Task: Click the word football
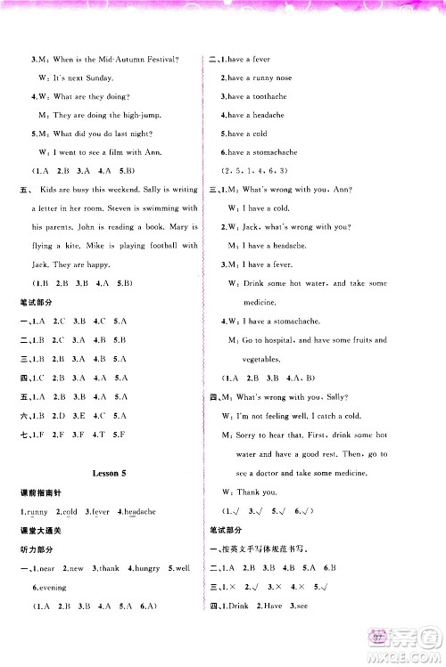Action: (155, 246)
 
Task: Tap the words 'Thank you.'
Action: (259, 492)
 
